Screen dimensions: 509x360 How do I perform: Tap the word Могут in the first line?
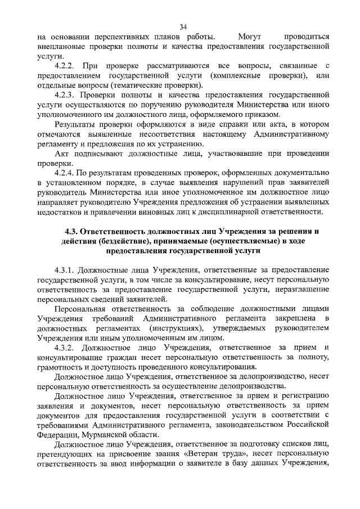(x=249, y=37)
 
